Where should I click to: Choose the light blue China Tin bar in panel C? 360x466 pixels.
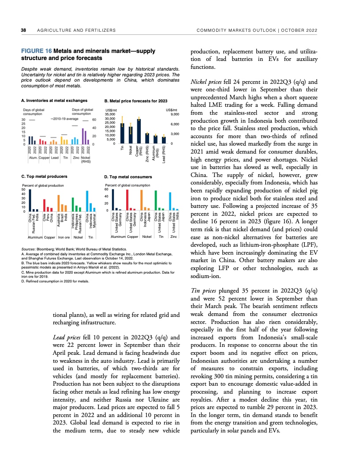(x=87, y=201)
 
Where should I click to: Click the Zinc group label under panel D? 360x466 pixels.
(x=173, y=237)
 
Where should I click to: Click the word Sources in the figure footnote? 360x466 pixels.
(x=29, y=249)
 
